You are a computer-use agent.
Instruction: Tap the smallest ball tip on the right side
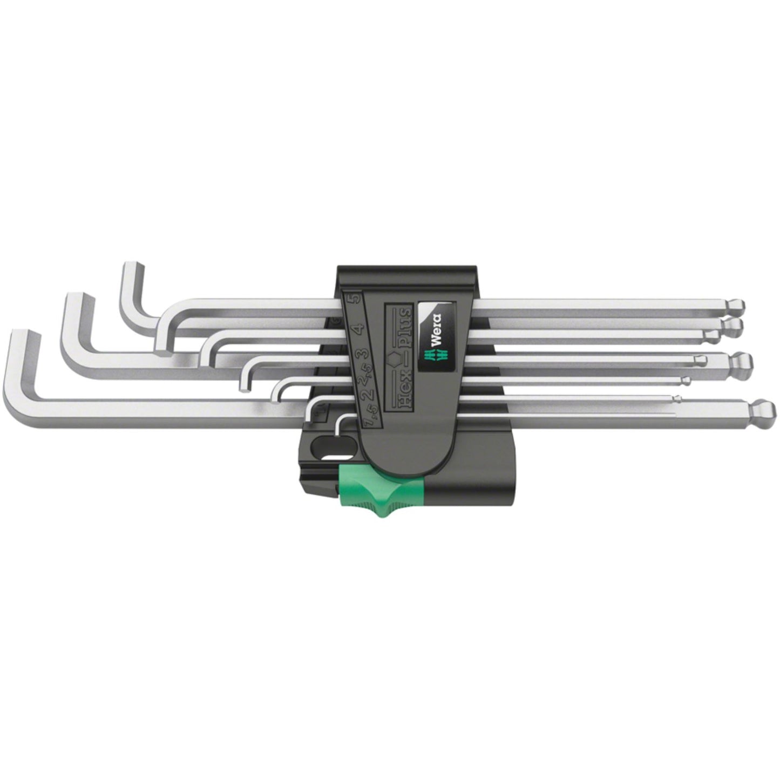coord(676,399)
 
